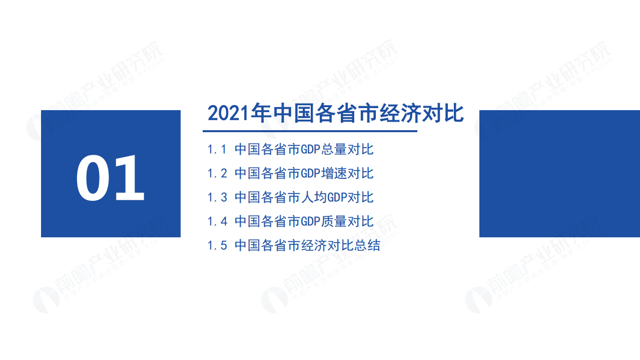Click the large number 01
(111, 178)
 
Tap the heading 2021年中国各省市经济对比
(335, 113)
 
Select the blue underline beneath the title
(310, 131)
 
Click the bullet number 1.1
(217, 149)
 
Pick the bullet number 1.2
(217, 173)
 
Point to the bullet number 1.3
(217, 197)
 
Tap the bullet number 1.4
(217, 221)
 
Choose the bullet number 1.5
(217, 245)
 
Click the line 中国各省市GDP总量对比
(304, 149)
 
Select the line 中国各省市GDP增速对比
(304, 173)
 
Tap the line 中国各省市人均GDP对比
(304, 197)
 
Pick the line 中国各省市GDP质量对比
(304, 221)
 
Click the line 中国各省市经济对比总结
(307, 245)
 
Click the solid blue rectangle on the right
(559, 174)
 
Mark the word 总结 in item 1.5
(367, 245)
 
